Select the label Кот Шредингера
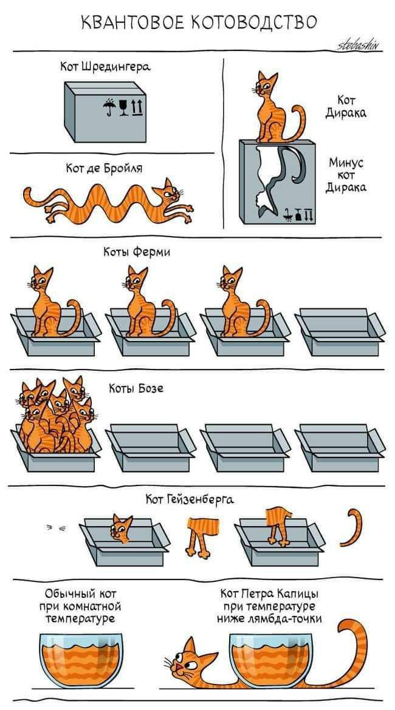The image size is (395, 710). point(105,67)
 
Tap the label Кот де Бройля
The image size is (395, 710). point(105,168)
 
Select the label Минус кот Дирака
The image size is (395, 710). point(346,175)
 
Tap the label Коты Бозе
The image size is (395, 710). point(136,388)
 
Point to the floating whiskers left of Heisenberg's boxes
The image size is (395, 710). point(57,527)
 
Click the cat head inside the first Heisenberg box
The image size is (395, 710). point(122,529)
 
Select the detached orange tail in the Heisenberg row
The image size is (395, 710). point(352,527)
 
